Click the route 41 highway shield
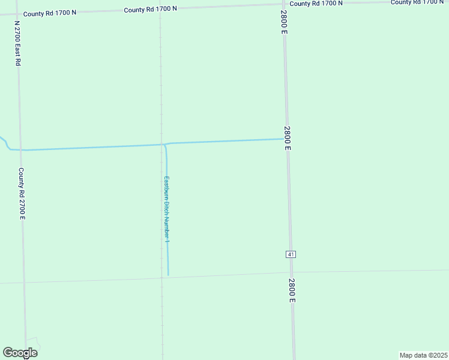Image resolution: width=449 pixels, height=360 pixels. click(291, 254)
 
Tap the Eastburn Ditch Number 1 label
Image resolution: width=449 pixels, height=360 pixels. click(167, 209)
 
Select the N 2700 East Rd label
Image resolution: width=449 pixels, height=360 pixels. click(17, 45)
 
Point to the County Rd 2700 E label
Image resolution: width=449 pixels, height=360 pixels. click(21, 193)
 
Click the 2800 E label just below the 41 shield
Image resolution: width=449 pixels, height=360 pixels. click(292, 290)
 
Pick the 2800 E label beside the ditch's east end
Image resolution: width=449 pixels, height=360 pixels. click(288, 138)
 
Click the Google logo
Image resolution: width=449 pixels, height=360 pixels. click(20, 352)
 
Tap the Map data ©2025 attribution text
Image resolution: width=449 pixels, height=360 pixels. click(423, 355)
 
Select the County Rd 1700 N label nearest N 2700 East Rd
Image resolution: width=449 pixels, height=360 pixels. click(49, 12)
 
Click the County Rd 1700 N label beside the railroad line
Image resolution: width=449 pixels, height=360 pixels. click(150, 9)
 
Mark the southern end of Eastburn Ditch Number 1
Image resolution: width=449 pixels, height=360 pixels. click(168, 275)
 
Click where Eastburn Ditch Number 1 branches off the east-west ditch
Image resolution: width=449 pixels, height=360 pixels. click(164, 145)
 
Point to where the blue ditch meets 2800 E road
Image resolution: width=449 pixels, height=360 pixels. click(284, 139)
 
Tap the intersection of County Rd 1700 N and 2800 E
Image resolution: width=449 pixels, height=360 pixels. click(282, 5)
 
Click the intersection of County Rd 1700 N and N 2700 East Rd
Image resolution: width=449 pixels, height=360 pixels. click(17, 14)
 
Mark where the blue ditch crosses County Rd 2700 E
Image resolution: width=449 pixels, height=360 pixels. click(20, 150)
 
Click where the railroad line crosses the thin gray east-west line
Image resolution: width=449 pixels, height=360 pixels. click(161, 277)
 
